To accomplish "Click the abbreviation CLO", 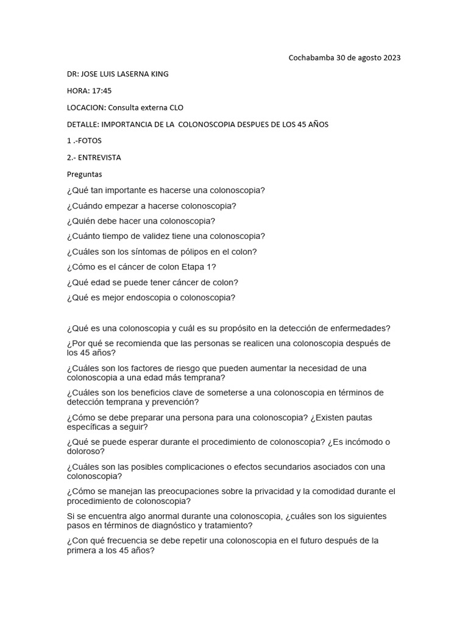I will pyautogui.click(x=173, y=107).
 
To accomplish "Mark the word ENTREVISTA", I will pyautogui.click(x=99, y=157).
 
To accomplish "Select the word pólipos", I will pyautogui.click(x=186, y=252).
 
